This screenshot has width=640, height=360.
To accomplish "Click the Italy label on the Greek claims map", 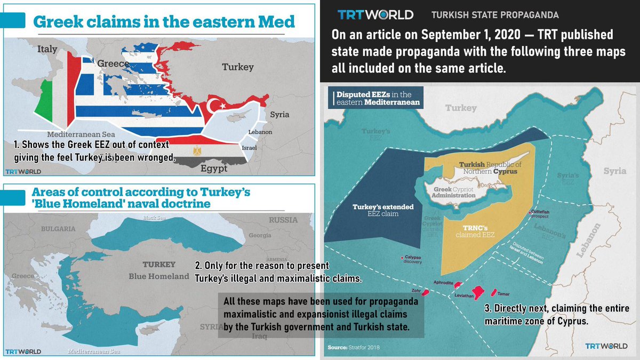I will (x=47, y=49).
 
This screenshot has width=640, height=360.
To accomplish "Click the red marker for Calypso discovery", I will (x=401, y=260).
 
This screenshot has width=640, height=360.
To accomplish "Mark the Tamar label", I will (x=503, y=294).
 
